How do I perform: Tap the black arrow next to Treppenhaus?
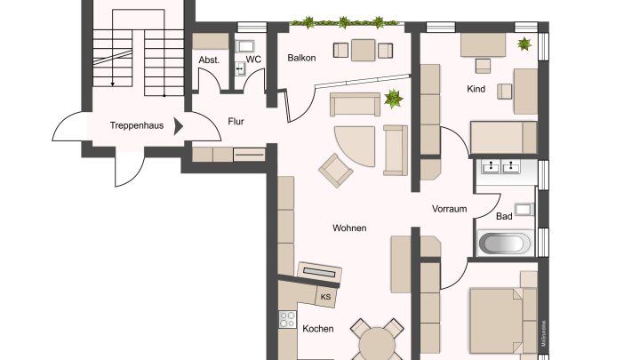179,126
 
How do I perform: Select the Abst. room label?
209,60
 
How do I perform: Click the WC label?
253,60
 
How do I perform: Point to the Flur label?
236,122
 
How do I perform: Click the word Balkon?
302,58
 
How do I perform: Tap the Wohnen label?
349,228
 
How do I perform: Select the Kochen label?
317,329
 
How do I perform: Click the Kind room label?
476,89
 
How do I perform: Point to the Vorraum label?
449,209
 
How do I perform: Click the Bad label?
504,216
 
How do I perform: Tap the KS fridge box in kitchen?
325,297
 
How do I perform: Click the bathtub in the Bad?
505,243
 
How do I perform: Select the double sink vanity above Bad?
502,167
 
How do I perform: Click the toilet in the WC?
240,67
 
